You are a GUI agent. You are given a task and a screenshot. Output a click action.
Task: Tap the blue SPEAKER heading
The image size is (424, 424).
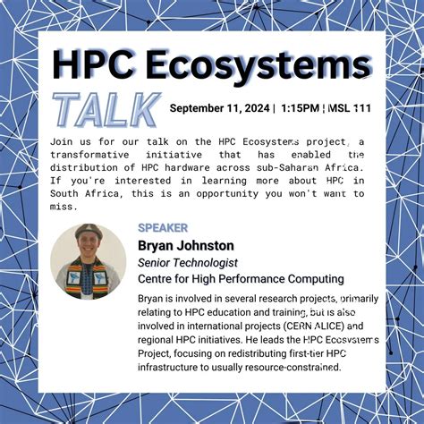click(x=163, y=228)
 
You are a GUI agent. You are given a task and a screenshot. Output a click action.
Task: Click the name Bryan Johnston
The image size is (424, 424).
click(x=185, y=245)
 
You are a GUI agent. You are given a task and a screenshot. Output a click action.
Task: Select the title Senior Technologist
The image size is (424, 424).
click(x=187, y=262)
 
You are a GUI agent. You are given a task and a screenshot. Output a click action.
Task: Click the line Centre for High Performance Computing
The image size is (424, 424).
click(x=241, y=278)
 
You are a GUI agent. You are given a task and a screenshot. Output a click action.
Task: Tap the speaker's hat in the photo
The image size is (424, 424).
click(x=89, y=232)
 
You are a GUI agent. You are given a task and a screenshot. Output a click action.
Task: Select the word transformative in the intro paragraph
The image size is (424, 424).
click(x=96, y=155)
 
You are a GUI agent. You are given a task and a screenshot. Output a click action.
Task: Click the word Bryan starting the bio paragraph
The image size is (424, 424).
click(x=154, y=298)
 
